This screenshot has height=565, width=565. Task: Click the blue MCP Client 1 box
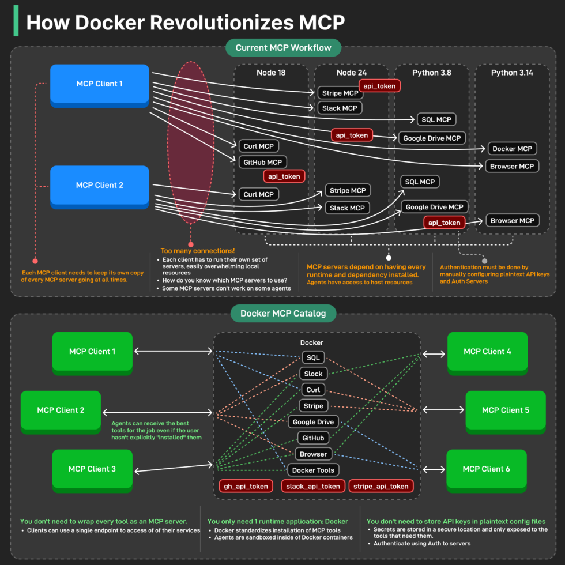click(x=100, y=84)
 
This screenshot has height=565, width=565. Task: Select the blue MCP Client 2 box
click(x=100, y=186)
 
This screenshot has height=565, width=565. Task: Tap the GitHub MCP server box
click(x=262, y=163)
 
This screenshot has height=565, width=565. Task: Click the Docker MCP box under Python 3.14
click(x=512, y=149)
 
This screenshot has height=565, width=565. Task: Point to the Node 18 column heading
click(x=271, y=73)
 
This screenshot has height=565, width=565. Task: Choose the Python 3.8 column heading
click(x=432, y=73)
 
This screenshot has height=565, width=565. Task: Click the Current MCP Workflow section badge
click(x=282, y=47)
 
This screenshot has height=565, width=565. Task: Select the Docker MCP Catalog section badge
click(x=283, y=314)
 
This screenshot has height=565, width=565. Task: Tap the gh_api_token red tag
click(x=246, y=486)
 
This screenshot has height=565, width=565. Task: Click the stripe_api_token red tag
click(x=381, y=486)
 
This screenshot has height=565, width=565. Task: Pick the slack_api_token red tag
click(x=313, y=486)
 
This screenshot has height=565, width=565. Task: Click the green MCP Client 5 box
click(x=505, y=410)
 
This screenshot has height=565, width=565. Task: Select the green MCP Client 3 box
click(x=92, y=469)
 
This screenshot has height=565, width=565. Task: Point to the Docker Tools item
click(x=312, y=470)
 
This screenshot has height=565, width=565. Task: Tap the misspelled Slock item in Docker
click(x=313, y=374)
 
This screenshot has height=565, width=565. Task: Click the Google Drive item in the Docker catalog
click(x=312, y=422)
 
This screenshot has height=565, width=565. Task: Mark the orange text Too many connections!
click(x=197, y=251)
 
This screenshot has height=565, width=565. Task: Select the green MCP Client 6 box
click(x=486, y=469)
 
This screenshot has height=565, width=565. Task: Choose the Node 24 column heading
click(x=352, y=73)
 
